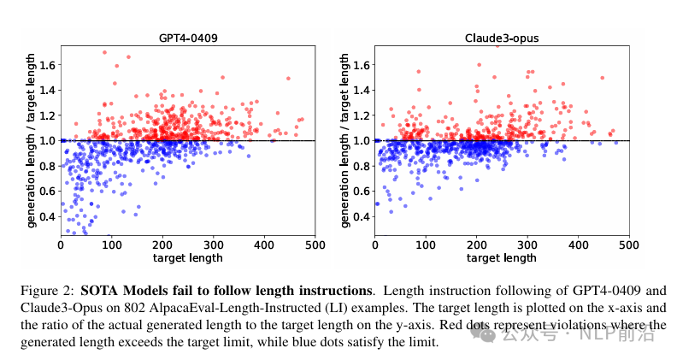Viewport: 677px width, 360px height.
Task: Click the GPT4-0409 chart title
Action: click(187, 38)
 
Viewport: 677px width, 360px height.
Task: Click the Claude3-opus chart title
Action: click(503, 38)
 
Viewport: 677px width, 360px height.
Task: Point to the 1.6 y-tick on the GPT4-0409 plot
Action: click(48, 64)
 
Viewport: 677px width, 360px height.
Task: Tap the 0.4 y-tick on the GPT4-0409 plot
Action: click(48, 216)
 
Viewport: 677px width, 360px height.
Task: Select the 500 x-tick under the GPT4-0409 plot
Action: click(315, 245)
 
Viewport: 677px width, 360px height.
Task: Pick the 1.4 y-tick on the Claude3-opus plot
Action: click(363, 90)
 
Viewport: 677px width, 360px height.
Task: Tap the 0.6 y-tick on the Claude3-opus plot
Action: click(363, 191)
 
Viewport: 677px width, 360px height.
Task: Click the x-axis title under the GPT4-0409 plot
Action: click(187, 257)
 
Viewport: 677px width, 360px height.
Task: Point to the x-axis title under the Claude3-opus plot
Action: click(503, 257)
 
